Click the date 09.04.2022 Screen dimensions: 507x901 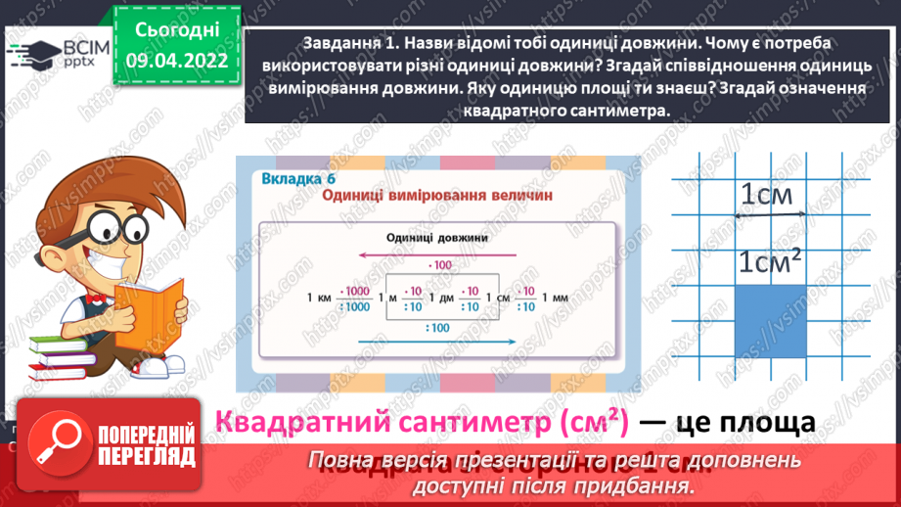[177, 59]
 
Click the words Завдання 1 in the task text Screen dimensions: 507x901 [342, 42]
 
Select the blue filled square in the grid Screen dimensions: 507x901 [771, 321]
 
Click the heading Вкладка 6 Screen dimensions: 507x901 [298, 178]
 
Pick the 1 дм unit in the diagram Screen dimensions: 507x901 [444, 298]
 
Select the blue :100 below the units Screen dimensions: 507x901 [437, 327]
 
